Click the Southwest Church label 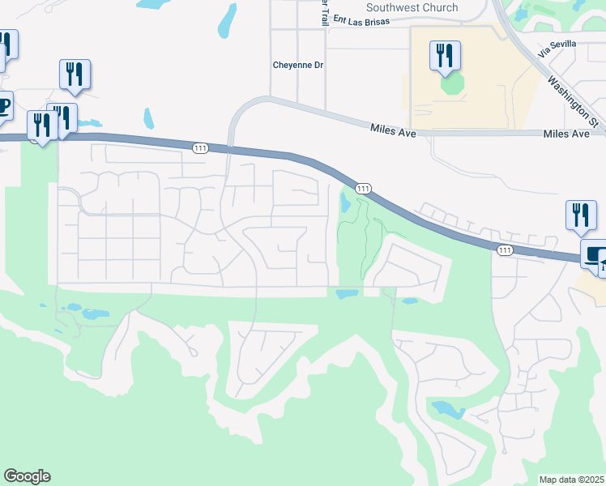[x=412, y=7]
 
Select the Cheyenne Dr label [x=297, y=65]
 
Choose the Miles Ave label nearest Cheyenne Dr [x=393, y=129]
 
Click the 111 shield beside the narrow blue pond [x=364, y=188]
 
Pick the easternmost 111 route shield [x=505, y=250]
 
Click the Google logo [x=27, y=476]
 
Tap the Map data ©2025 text [x=571, y=480]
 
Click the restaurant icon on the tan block [x=445, y=55]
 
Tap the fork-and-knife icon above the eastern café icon [x=580, y=215]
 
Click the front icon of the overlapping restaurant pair [x=41, y=125]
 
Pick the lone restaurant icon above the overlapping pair [x=74, y=74]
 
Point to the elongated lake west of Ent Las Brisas [x=228, y=21]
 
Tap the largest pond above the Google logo [x=95, y=313]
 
